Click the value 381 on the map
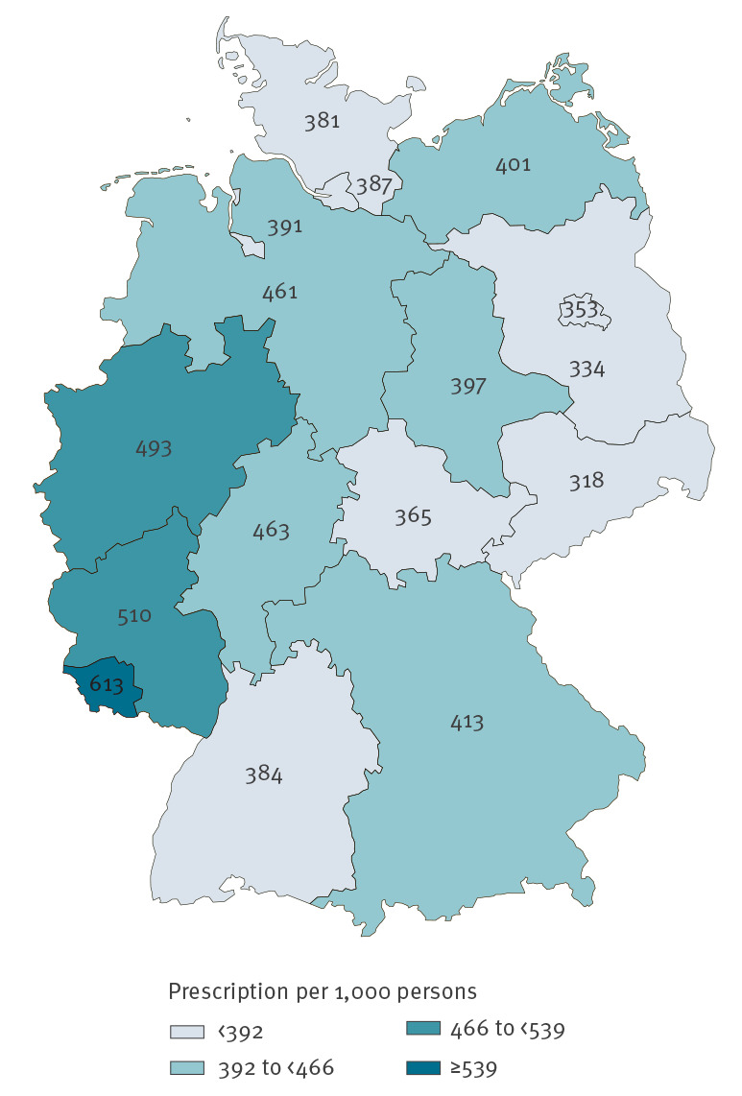coord(323,122)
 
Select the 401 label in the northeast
coord(513,165)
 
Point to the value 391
coord(285,227)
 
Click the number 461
coord(279,292)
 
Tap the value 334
coord(586,369)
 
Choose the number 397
coord(469,387)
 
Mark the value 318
coord(586,480)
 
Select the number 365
coord(413,516)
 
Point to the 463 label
coord(271,530)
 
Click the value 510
coord(133,615)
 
